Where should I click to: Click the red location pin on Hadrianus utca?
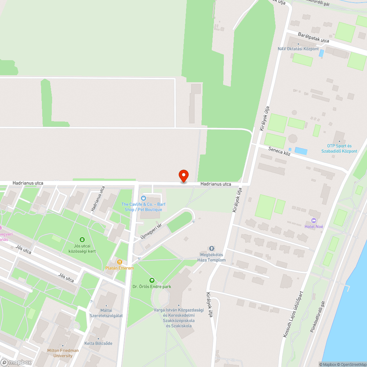point(183,176)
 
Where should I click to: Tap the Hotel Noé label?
point(314,226)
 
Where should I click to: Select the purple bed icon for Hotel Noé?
point(313,220)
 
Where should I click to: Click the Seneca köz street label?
point(279,151)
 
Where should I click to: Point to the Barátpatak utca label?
point(313,37)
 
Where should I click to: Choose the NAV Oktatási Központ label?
point(298,49)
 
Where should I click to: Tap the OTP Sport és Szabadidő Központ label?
point(342,148)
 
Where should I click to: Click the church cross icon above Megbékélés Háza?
point(211,248)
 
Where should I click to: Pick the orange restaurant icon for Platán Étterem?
point(120,262)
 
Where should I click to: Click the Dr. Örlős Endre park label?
point(152,286)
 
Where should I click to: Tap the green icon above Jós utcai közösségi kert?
point(82,240)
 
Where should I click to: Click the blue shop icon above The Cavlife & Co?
point(143,198)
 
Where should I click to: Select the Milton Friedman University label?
point(63,353)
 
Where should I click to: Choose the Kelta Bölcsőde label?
point(98,344)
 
